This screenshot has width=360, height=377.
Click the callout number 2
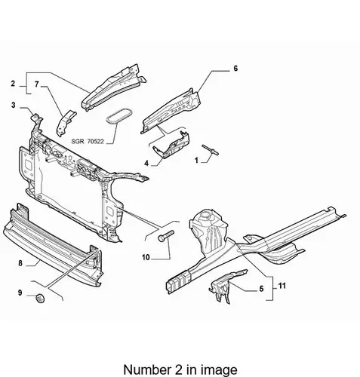click(x=13, y=84)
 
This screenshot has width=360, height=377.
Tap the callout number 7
click(x=37, y=84)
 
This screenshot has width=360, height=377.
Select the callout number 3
click(x=14, y=105)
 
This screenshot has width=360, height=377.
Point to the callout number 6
click(x=235, y=68)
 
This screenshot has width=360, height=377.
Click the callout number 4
click(x=146, y=164)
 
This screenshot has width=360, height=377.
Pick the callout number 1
click(x=196, y=160)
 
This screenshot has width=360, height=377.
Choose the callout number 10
click(x=146, y=257)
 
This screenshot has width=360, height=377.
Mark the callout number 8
click(x=20, y=263)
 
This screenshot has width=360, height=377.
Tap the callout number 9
click(x=20, y=293)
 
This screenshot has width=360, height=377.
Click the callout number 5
click(x=261, y=289)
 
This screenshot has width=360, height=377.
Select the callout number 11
click(x=282, y=286)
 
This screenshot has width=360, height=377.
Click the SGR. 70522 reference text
click(x=88, y=142)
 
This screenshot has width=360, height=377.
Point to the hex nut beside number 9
click(x=40, y=298)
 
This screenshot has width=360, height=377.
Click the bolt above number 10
click(x=166, y=235)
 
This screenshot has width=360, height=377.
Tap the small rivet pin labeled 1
click(x=211, y=150)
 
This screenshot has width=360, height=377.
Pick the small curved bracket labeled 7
click(x=66, y=123)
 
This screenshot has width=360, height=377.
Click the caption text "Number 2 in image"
click(x=180, y=369)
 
